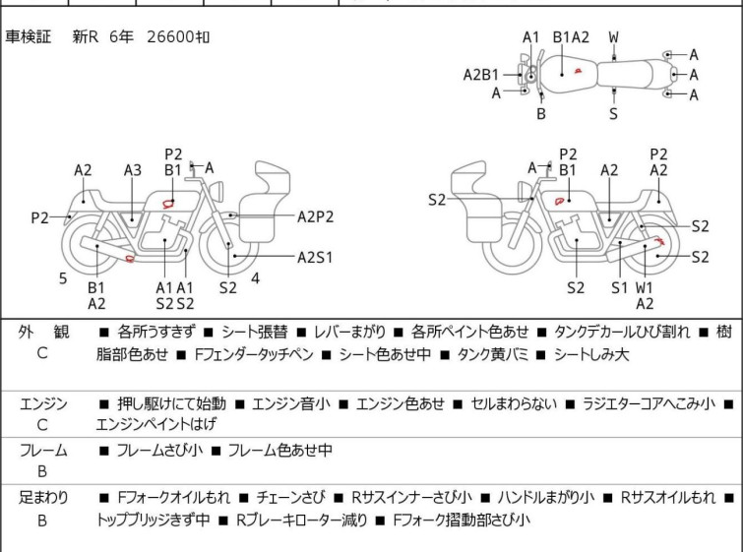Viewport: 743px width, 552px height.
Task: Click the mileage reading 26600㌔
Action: pyautogui.click(x=178, y=37)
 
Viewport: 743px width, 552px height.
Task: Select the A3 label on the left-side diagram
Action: pyautogui.click(x=133, y=170)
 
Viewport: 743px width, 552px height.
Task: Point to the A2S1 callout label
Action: pyautogui.click(x=315, y=258)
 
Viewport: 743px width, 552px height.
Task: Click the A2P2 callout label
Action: pyautogui.click(x=316, y=216)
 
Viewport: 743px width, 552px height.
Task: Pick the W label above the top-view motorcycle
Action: pyautogui.click(x=613, y=38)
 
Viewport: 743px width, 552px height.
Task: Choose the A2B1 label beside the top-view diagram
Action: pyautogui.click(x=481, y=74)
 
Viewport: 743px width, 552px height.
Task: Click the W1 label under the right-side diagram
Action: pyautogui.click(x=645, y=287)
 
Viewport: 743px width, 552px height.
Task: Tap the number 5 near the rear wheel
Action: pyautogui.click(x=63, y=278)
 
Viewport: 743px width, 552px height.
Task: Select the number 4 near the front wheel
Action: pyautogui.click(x=255, y=278)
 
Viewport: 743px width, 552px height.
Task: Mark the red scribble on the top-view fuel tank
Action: pyautogui.click(x=580, y=70)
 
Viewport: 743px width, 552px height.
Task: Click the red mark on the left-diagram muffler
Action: pyautogui.click(x=131, y=259)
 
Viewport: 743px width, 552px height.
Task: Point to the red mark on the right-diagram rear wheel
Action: pyautogui.click(x=661, y=242)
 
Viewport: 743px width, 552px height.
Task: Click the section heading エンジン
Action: pyautogui.click(x=42, y=403)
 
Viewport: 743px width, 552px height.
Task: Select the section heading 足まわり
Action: pyautogui.click(x=42, y=498)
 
